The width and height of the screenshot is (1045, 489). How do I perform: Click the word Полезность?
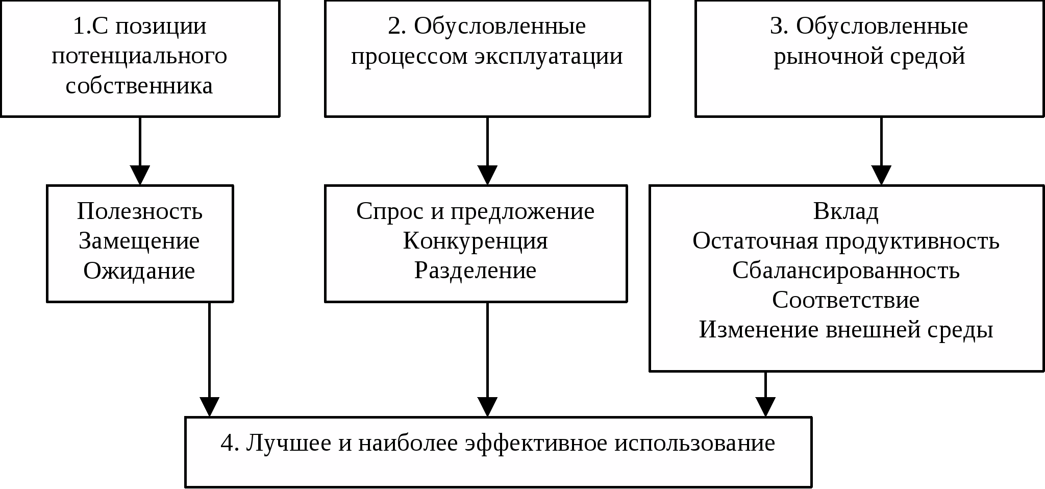139,211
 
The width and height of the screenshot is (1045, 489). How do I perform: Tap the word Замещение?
139,241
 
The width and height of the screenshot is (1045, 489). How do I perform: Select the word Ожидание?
139,271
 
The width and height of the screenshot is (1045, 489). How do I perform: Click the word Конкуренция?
475,241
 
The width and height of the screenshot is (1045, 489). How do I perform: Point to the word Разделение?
475,271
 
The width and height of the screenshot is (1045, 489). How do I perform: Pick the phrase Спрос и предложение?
475,211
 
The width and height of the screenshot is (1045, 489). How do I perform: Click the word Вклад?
845,211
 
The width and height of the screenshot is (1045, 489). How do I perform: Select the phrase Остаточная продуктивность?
845,241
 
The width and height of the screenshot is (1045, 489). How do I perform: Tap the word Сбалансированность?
845,271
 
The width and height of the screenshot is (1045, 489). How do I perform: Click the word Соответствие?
845,300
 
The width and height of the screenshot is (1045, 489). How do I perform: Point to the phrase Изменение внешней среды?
845,330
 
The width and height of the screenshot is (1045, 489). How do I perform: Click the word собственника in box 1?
139,86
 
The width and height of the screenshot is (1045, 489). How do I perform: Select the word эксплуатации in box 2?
549,56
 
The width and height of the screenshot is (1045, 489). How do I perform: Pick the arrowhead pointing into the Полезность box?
140,176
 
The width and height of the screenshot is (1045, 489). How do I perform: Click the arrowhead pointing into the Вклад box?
881,176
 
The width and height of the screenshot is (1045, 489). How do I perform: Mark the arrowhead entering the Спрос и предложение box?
488,176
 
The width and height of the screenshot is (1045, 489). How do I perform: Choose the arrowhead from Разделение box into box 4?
488,407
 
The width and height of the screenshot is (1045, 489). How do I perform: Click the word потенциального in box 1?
139,56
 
